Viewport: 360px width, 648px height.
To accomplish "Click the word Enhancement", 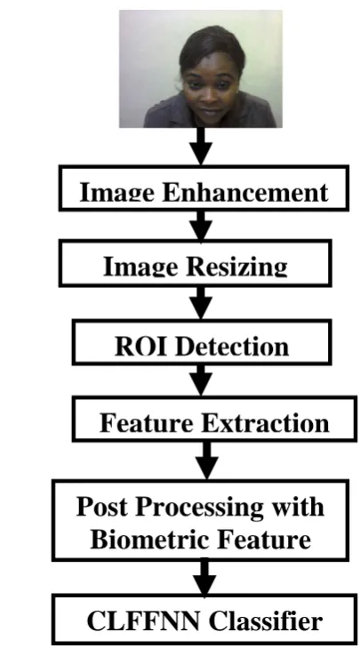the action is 245,192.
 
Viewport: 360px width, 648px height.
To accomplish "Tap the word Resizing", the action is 236,267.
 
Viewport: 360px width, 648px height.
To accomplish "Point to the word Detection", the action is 232,347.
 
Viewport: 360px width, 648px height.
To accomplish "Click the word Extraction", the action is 272,423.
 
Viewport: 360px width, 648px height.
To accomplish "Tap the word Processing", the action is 200,508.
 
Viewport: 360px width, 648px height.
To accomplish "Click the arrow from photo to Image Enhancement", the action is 201,146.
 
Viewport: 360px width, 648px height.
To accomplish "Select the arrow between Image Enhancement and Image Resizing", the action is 201,225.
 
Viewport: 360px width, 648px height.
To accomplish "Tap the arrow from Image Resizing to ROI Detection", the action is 201,303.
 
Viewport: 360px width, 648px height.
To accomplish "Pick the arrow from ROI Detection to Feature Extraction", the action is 201,380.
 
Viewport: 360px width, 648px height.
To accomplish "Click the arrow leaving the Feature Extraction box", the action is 206,460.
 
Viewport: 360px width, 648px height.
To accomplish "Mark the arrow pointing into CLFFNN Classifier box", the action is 204,577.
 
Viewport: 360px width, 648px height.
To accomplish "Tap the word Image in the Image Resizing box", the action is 142,267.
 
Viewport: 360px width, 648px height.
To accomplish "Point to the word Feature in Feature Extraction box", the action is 155,423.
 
